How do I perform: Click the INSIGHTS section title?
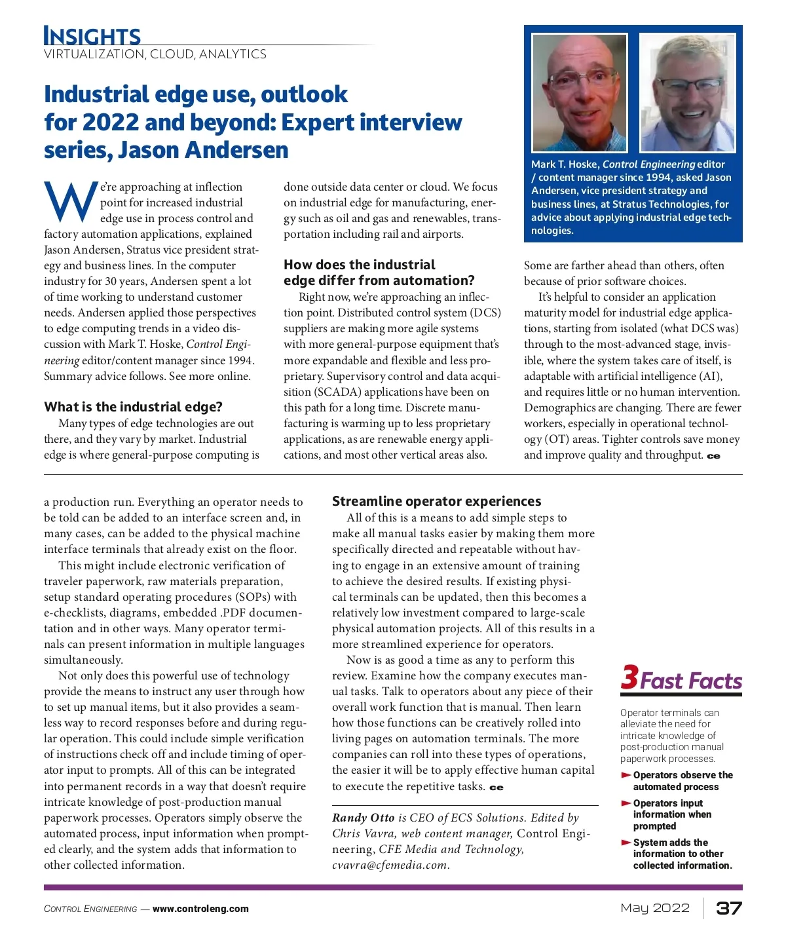coord(92,35)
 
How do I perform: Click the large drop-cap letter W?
coord(71,202)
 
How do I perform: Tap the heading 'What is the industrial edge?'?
coord(133,407)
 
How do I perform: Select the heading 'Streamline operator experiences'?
coord(436,501)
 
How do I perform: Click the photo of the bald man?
coord(579,92)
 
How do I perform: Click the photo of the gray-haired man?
coord(687,92)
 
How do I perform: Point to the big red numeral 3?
coord(629,677)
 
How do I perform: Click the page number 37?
coord(728,908)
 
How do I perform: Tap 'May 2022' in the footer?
coord(655,908)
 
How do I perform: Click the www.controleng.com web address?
coord(200,909)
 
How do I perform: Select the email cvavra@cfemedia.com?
coord(390,865)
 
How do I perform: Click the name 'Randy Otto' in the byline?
coord(363,818)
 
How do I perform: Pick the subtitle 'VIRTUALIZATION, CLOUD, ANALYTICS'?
coord(155,54)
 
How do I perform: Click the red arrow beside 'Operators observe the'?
coord(626,775)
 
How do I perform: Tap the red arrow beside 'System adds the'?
coord(626,843)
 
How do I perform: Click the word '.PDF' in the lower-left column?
coord(234,613)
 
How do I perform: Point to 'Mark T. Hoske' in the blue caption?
coord(564,164)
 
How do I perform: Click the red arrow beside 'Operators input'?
coord(626,803)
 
